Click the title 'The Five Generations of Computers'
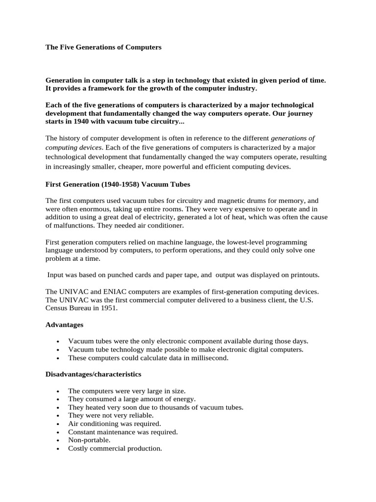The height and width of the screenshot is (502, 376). tap(103, 48)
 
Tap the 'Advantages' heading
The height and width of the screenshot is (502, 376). tap(64, 325)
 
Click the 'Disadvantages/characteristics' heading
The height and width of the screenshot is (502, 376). tap(93, 374)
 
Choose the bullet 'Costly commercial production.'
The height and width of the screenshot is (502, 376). tap(115, 449)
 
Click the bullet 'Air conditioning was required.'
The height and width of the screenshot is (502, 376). tap(115, 424)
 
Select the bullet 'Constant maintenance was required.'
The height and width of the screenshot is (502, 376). tap(123, 432)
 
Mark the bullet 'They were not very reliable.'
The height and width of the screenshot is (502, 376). tap(111, 415)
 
